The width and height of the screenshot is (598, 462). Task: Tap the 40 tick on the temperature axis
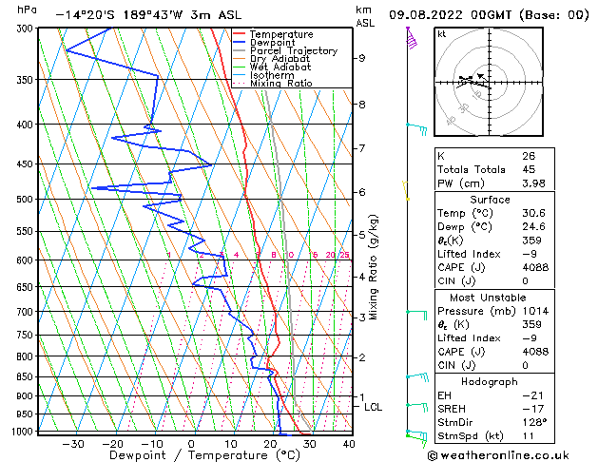click(x=349, y=443)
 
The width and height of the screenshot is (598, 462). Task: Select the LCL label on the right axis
click(x=374, y=407)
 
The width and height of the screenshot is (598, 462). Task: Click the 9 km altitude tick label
click(x=362, y=58)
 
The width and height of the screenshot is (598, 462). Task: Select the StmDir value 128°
click(x=534, y=422)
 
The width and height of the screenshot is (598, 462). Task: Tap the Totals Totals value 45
click(x=529, y=170)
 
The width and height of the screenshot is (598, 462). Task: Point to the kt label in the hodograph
click(x=442, y=33)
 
